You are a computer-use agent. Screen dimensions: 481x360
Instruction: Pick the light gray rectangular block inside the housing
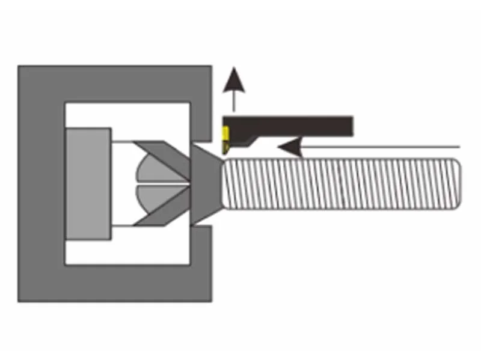88,183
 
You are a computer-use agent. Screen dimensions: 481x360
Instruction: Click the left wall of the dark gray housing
41,183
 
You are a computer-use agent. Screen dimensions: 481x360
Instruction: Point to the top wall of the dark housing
114,83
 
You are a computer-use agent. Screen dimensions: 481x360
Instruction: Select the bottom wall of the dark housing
114,283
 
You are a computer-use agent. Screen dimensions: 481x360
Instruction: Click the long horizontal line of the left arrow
385,146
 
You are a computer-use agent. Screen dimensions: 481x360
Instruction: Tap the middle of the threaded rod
340,183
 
